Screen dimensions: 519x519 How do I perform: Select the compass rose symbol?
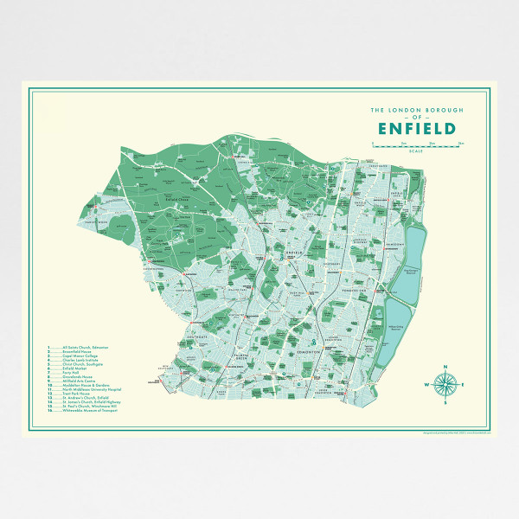(445, 386)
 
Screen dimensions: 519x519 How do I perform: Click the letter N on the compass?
(445, 370)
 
